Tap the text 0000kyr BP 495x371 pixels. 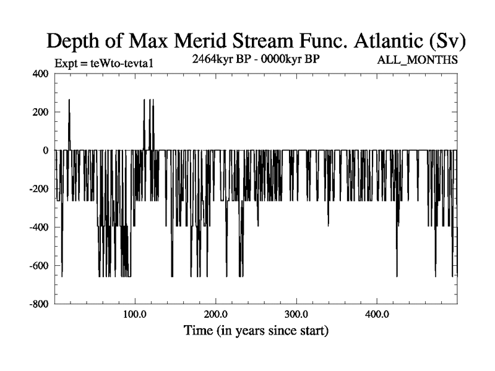click(291, 59)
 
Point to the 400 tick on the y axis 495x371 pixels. click(40, 74)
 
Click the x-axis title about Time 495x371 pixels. click(256, 331)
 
